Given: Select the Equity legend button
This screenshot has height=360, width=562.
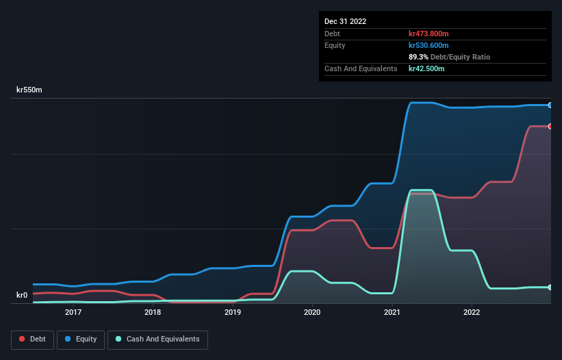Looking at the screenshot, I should [81, 339].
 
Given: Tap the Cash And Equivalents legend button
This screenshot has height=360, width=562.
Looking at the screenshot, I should [157, 339].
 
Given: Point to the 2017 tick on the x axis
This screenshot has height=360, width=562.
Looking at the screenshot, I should [73, 312].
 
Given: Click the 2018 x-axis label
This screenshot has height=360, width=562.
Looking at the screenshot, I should [153, 312].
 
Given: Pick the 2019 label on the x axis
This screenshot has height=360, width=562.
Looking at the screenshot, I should [233, 312].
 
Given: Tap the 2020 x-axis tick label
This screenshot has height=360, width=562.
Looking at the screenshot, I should [312, 312].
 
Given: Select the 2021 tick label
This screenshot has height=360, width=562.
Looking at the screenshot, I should [392, 312].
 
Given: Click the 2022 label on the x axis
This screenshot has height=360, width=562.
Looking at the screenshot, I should [472, 312].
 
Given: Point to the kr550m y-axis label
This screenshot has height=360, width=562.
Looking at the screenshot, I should [31, 90].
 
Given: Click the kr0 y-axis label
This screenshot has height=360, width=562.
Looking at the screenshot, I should [22, 296].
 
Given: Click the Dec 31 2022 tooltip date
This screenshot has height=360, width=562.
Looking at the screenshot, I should [346, 21].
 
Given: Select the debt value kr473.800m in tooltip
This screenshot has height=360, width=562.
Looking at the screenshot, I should [429, 34].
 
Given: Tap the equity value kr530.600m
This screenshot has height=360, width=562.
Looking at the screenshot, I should [429, 45].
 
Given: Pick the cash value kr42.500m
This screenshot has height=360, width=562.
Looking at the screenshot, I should [426, 68].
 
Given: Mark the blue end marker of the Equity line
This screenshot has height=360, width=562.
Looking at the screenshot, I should [550, 105].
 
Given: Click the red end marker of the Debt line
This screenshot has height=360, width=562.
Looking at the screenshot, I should [550, 126].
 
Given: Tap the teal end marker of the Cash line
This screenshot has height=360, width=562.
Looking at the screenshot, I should [550, 287].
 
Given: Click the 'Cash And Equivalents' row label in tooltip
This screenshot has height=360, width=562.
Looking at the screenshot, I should [361, 68].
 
